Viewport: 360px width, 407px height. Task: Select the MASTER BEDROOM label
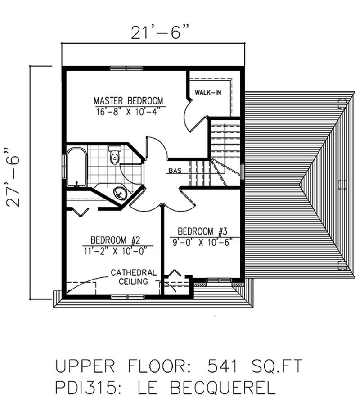coord(128,100)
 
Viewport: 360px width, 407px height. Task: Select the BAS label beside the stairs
coord(175,171)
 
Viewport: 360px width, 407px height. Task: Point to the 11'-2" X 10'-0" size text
coord(116,251)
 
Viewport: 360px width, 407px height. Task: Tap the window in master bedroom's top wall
coord(126,69)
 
